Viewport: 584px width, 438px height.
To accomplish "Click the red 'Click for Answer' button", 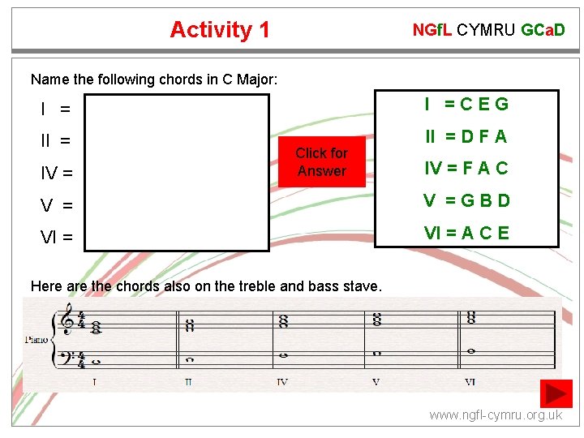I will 321,162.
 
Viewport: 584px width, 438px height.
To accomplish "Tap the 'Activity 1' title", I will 220,30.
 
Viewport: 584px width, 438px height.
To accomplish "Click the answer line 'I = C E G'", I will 466,104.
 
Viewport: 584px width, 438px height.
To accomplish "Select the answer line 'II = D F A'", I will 466,136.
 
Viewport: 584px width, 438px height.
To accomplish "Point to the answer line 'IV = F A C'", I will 466,169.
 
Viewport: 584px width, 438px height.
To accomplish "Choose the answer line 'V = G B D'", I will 466,201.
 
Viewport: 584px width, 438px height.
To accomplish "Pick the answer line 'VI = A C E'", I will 466,234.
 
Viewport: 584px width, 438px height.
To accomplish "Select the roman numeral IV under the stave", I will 281,381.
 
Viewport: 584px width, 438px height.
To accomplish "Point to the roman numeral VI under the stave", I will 470,381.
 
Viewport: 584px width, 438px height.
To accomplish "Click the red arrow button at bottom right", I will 558,393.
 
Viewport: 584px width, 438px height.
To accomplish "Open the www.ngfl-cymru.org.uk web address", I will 495,415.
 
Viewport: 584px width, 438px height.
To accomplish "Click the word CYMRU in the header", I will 486,31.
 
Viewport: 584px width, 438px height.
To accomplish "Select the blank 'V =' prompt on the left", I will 56,205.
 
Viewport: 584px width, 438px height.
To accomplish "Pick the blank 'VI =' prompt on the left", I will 56,238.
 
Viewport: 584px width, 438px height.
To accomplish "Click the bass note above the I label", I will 96,362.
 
